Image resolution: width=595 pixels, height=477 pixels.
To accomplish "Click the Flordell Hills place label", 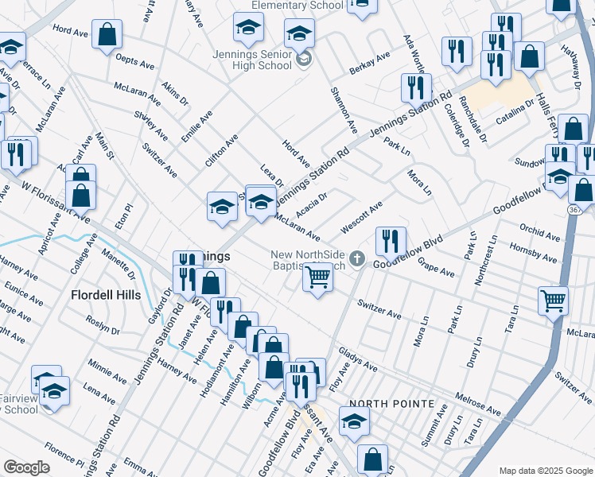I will point(106,295).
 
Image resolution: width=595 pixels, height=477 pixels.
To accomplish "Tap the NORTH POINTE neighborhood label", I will point(391,404).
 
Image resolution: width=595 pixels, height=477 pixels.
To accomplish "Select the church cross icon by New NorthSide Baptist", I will point(358,258).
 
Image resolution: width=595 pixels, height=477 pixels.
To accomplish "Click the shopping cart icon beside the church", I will point(317,277).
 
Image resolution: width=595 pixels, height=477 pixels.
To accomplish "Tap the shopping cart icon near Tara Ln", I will point(553,300).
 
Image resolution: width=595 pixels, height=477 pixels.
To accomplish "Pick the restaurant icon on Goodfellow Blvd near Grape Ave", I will point(391,240).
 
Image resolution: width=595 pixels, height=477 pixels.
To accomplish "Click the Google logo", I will point(26,467).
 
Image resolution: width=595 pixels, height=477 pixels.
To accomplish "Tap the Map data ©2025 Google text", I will point(545,471).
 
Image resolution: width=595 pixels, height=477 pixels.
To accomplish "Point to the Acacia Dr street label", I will point(311,206).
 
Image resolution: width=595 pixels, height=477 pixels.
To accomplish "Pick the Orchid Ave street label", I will point(539,234).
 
